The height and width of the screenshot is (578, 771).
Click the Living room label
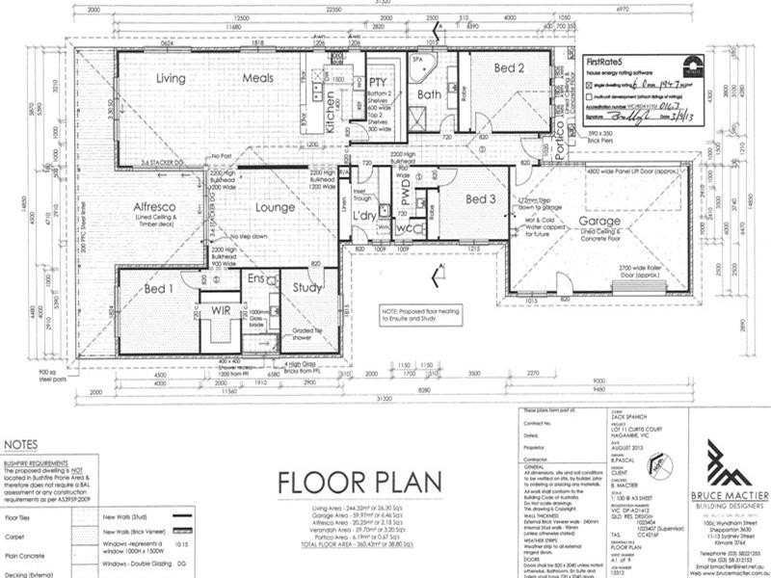[171, 78]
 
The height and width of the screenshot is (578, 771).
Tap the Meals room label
[257, 78]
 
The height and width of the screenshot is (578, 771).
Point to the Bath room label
[428, 94]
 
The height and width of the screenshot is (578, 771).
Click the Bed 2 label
[510, 68]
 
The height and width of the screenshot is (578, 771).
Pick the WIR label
[220, 310]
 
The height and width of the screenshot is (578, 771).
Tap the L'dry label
[364, 213]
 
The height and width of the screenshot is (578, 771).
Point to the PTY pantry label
[378, 83]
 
